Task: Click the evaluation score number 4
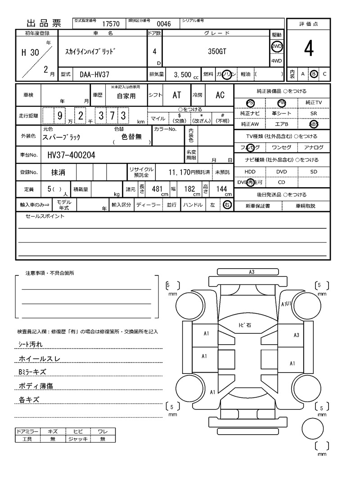tap(308, 50)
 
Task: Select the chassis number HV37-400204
tap(71, 155)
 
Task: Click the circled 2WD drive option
tap(276, 46)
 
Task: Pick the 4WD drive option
tap(276, 61)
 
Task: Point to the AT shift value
tap(176, 95)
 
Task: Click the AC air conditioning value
tap(220, 95)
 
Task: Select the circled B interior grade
tap(314, 74)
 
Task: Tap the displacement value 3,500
tap(183, 74)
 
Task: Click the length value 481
tap(157, 189)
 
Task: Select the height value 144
tap(221, 189)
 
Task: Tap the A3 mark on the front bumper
tap(252, 272)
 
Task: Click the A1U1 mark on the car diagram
tap(287, 304)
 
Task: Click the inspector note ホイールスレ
tap(39, 359)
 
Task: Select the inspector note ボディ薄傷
tap(36, 386)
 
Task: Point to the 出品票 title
tap(44, 24)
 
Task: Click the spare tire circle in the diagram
tap(313, 429)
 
